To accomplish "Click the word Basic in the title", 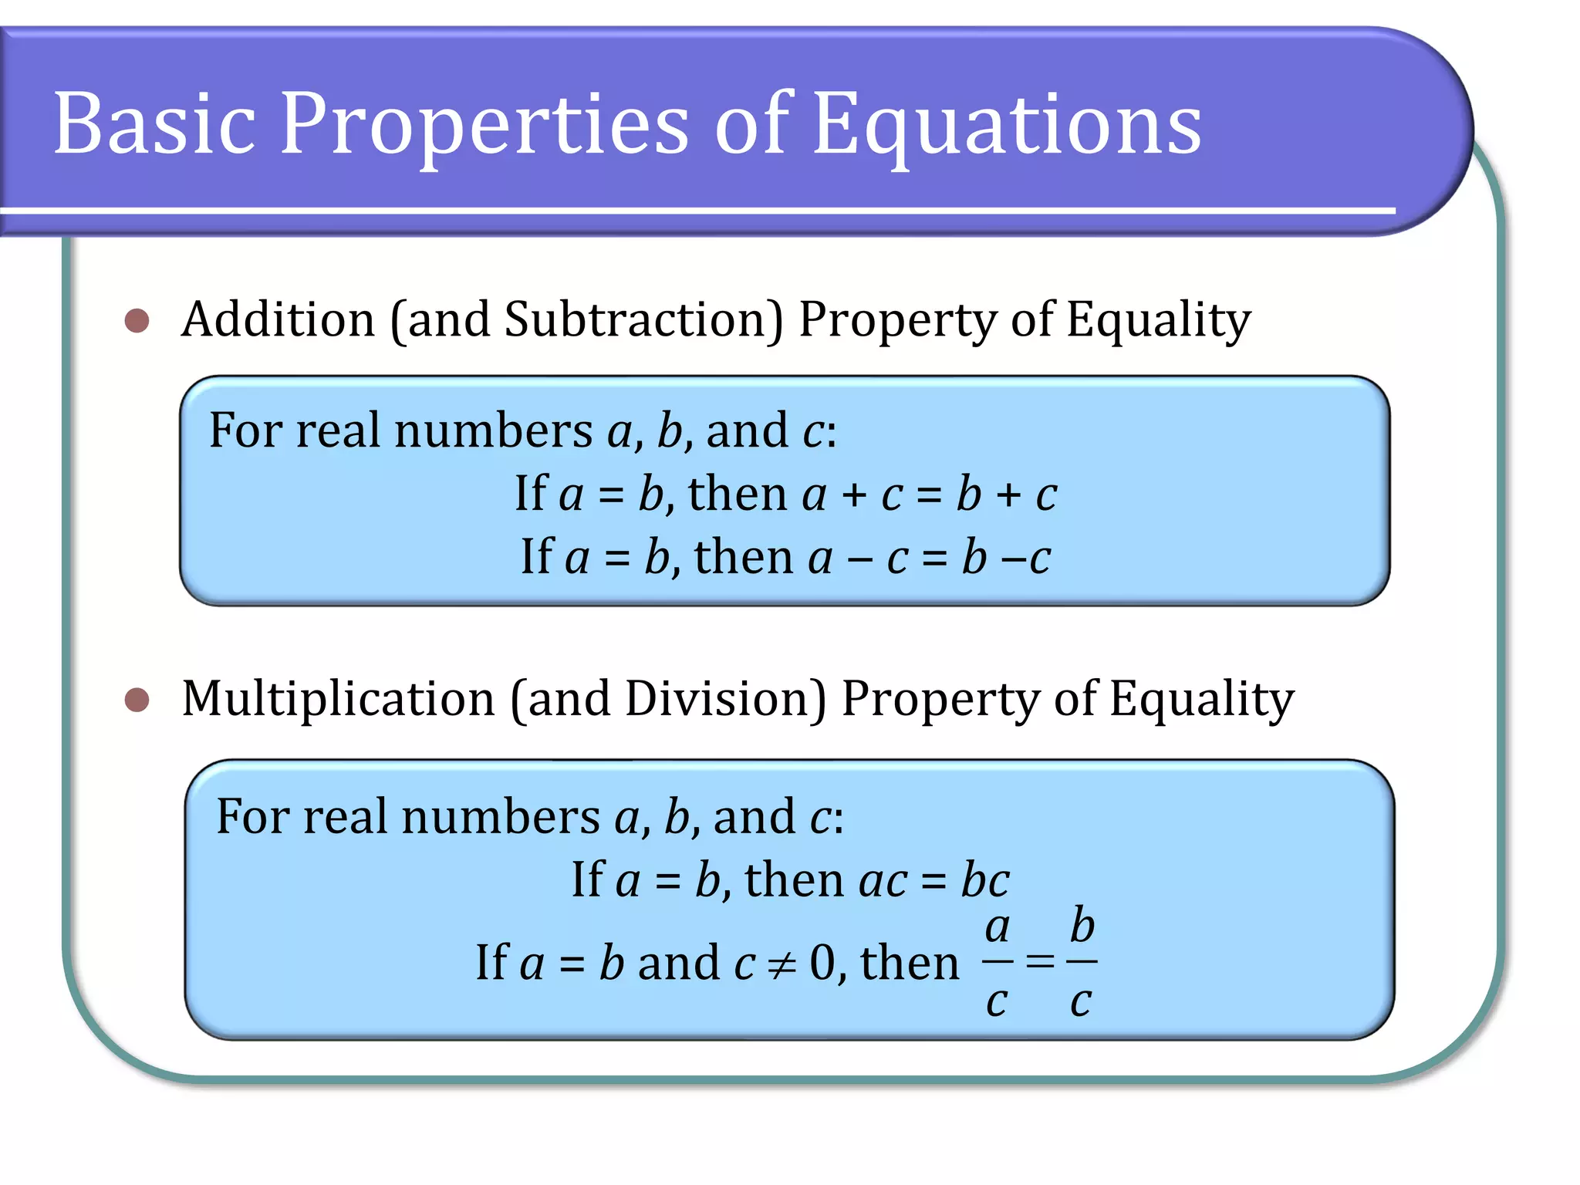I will pos(154,123).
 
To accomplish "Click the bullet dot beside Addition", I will pos(137,320).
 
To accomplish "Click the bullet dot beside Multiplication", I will pos(137,700).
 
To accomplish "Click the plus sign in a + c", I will pos(854,495).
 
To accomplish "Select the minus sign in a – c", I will pos(859,559).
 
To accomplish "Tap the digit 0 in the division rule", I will pos(822,963).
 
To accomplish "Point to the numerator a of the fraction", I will pos(998,927).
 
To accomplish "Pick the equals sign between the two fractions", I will pos(1040,961).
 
